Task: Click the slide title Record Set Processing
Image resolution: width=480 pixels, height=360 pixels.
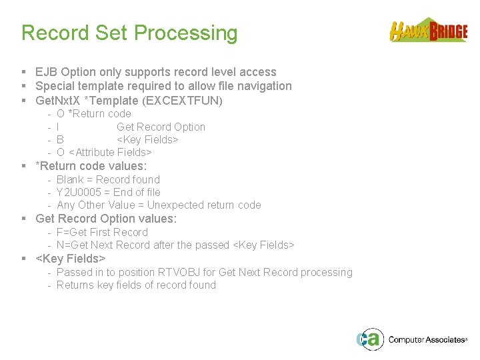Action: (129, 33)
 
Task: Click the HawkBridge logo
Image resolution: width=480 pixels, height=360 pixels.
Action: (428, 31)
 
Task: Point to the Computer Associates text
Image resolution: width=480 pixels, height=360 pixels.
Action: (427, 340)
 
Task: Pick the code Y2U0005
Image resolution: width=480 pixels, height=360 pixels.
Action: (77, 192)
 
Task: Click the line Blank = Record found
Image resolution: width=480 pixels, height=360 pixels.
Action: (108, 179)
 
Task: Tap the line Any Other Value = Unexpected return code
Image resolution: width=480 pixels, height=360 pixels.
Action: (159, 205)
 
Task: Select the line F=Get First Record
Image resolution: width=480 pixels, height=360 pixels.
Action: (102, 232)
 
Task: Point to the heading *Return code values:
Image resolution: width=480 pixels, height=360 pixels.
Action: (91, 166)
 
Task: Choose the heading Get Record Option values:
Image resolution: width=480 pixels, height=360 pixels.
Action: (106, 219)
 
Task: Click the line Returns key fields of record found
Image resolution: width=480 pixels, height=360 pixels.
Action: (136, 285)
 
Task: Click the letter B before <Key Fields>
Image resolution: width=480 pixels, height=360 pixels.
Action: (60, 140)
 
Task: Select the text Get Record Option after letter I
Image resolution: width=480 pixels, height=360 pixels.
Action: (161, 127)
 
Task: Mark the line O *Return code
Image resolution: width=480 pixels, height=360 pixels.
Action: (93, 114)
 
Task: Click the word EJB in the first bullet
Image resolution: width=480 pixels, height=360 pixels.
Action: (47, 72)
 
